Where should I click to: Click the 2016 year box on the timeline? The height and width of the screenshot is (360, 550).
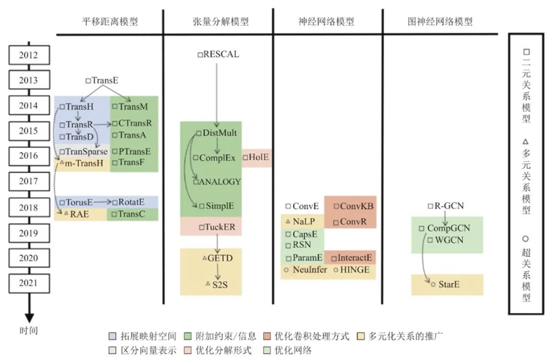click(29, 156)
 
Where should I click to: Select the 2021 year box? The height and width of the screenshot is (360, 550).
click(29, 283)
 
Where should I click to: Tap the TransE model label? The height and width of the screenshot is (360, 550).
click(105, 80)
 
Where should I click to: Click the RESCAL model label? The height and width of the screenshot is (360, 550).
click(221, 54)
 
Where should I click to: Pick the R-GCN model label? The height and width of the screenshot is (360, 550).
click(448, 206)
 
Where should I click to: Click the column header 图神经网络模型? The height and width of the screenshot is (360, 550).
click(440, 22)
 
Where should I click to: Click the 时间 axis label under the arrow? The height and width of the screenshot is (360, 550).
click(29, 331)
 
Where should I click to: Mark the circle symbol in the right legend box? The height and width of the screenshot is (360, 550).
click(525, 239)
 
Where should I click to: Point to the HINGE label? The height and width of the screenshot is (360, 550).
click(352, 270)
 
